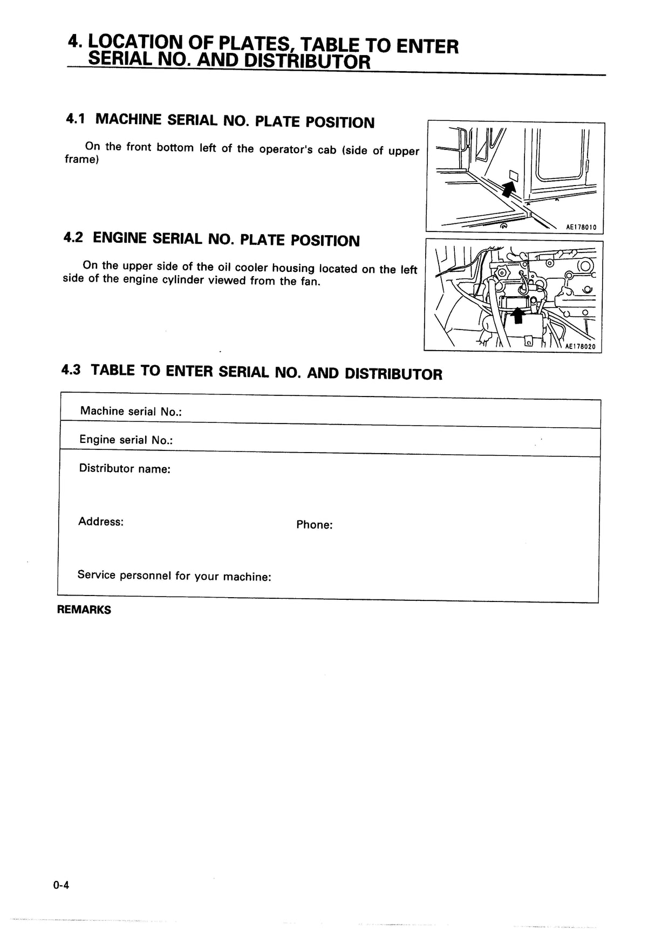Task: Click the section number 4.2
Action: click(x=73, y=237)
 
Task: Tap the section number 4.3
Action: click(x=71, y=370)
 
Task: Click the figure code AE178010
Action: click(x=581, y=228)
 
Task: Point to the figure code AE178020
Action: click(x=580, y=347)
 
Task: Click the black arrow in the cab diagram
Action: click(x=507, y=189)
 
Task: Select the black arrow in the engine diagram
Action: click(x=518, y=315)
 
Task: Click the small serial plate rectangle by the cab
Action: click(x=514, y=175)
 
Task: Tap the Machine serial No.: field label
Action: click(x=131, y=412)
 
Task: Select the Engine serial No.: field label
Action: click(x=126, y=440)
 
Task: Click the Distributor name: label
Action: click(x=125, y=469)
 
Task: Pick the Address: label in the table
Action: click(x=101, y=522)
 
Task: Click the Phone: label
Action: click(x=314, y=525)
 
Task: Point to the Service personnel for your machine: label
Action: click(x=174, y=576)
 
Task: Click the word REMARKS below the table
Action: click(x=84, y=610)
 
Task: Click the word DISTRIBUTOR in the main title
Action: click(x=307, y=61)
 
